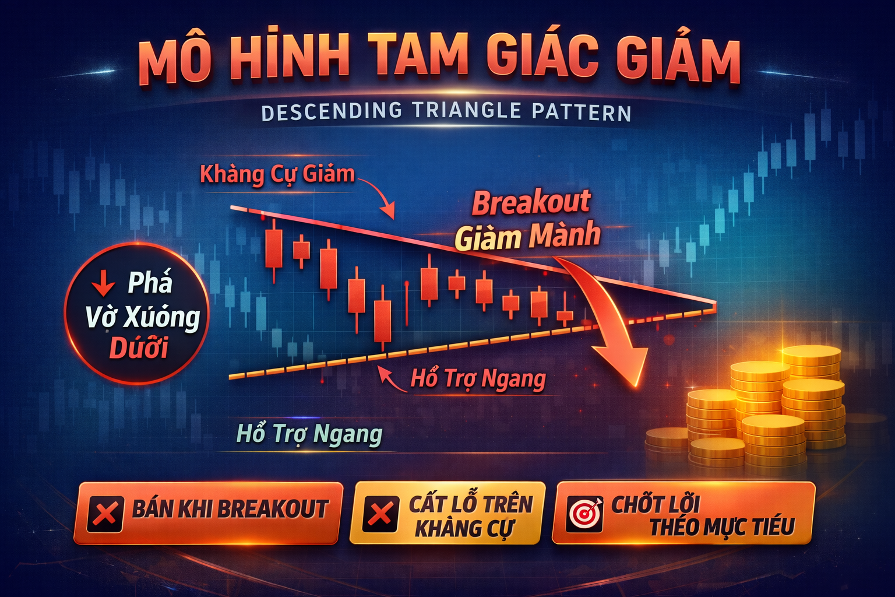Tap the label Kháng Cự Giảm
pos(277,174)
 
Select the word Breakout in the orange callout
pos(531,203)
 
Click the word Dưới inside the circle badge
pos(139,348)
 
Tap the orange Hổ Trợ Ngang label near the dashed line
pos(478,379)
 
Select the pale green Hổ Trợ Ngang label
pos(309,434)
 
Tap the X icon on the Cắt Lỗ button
pos(380,514)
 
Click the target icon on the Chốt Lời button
pos(585,512)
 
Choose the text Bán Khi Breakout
pos(231,510)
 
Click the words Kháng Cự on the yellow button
pos(464,528)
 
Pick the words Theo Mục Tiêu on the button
pos(722,527)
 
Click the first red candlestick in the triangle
pos(273,248)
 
